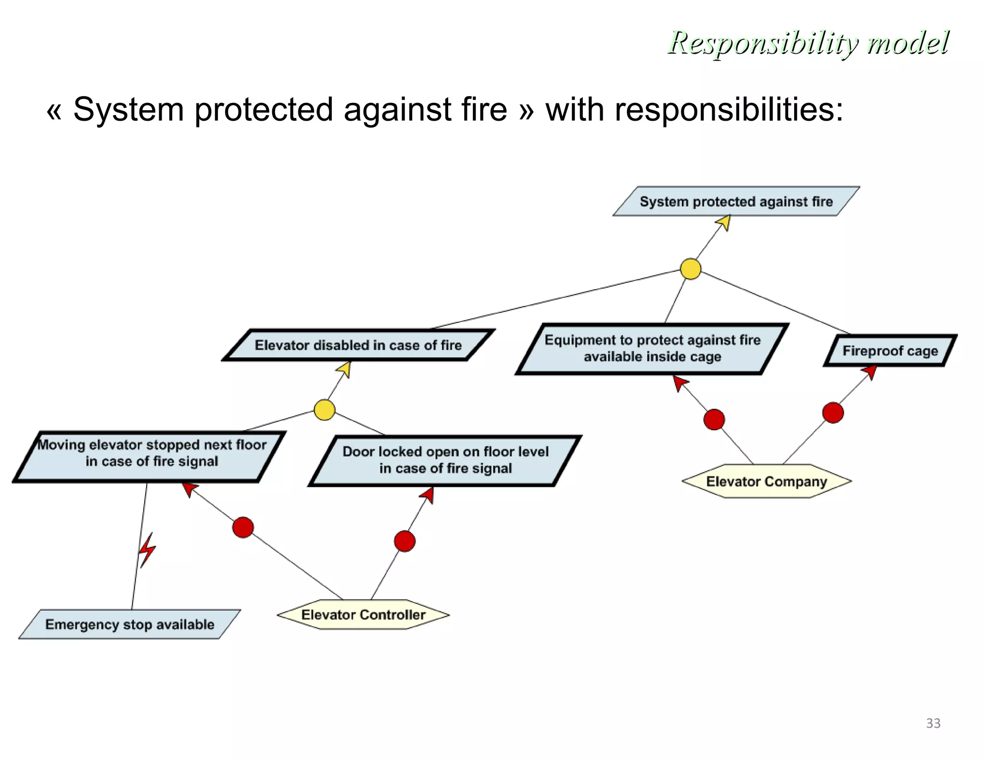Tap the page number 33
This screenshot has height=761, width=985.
click(933, 723)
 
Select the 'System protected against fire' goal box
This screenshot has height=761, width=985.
click(736, 202)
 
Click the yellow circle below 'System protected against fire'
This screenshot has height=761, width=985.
click(690, 269)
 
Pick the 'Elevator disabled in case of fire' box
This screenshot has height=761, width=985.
click(358, 345)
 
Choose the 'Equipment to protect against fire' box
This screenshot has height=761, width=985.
click(652, 348)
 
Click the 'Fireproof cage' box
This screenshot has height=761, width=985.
click(890, 351)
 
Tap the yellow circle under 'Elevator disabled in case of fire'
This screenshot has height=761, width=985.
click(324, 410)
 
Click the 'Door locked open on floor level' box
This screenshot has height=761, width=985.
click(445, 460)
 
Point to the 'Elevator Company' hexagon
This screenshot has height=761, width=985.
click(766, 481)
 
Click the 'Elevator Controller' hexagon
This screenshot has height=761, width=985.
click(363, 615)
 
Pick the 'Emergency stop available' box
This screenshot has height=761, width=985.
click(129, 624)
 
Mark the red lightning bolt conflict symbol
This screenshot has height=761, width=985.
click(147, 550)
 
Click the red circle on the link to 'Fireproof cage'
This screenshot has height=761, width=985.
click(833, 413)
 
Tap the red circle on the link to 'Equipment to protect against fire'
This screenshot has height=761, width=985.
click(714, 419)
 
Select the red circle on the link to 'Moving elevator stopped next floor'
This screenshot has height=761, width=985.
click(243, 527)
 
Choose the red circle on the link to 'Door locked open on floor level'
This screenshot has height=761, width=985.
click(404, 541)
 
